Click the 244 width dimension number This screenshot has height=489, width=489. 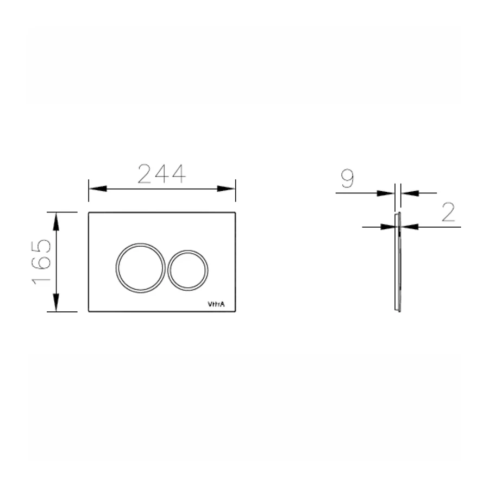click(x=161, y=174)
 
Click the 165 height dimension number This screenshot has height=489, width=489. click(x=42, y=262)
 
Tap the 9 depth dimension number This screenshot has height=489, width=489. click(x=347, y=179)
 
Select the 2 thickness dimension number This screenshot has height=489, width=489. click(x=448, y=212)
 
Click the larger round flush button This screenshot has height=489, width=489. click(x=140, y=267)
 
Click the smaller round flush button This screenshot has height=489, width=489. click(x=187, y=269)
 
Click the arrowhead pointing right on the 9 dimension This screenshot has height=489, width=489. click(x=387, y=192)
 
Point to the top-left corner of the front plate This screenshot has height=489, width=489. click(x=89, y=212)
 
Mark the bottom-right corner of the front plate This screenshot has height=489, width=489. click(x=235, y=311)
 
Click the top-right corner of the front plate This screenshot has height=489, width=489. click(x=235, y=212)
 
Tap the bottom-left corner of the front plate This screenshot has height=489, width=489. click(x=89, y=311)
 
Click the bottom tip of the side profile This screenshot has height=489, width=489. click(x=398, y=311)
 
